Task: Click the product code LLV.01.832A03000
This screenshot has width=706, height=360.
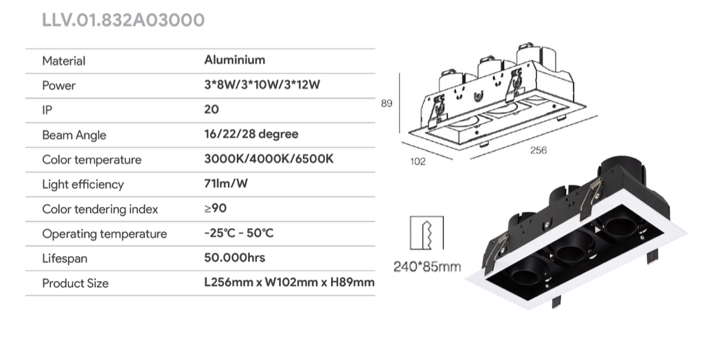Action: pos(124,21)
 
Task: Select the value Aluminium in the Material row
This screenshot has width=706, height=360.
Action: pos(235,60)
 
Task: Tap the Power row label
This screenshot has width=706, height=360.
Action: pos(59,86)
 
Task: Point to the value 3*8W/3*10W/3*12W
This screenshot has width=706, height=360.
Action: pos(262,85)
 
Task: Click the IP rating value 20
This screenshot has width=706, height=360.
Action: pos(212,109)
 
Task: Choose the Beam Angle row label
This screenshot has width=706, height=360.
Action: pos(74,135)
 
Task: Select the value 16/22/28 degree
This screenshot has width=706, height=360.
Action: pos(251,134)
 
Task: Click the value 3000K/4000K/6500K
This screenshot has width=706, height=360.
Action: pos(269,159)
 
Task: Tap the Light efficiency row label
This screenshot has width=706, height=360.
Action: pos(83,185)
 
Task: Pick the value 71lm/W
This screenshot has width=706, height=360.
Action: pos(226,183)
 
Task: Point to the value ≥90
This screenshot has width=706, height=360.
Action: pos(215,208)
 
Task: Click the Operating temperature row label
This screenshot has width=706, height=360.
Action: pos(104,234)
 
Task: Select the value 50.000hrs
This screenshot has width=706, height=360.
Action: pos(235,258)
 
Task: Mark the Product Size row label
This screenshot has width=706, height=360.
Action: pos(75,284)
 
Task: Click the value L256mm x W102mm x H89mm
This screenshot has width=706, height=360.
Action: pos(289,282)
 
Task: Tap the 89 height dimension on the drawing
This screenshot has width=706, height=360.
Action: pos(387,103)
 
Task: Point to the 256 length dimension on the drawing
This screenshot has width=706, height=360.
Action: pos(538,150)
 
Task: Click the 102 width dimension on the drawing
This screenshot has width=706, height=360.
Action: pos(418,161)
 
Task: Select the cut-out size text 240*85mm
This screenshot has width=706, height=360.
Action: pos(427,267)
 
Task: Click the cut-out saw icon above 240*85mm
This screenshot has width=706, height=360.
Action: pos(427,233)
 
